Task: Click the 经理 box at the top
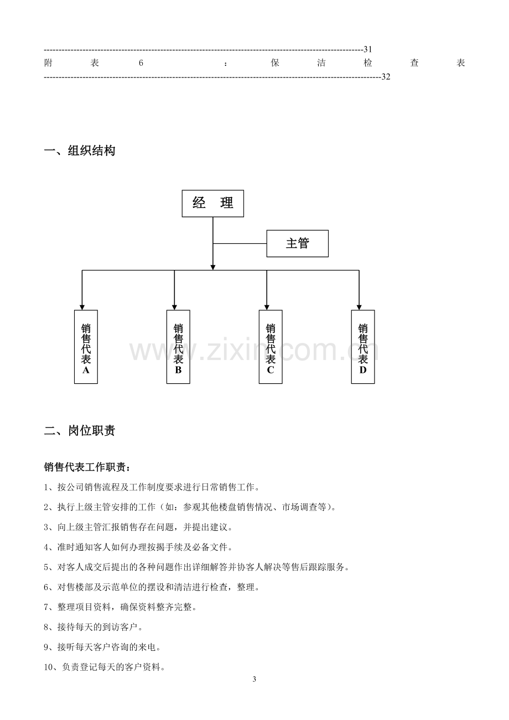212,203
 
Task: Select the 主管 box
298,243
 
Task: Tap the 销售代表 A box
86,347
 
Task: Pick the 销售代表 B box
178,347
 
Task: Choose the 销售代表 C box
271,347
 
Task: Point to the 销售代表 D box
363,347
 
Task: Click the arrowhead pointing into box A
82,307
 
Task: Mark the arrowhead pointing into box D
359,307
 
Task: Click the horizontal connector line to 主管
240,244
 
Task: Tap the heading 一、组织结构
80,151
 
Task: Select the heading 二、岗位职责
80,430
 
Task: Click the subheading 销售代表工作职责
87,467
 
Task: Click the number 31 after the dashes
367,49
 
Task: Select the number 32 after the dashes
386,77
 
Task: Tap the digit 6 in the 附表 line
141,62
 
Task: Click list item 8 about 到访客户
94,627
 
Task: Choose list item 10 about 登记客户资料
105,667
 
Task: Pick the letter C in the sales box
271,370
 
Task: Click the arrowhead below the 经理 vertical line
213,268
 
